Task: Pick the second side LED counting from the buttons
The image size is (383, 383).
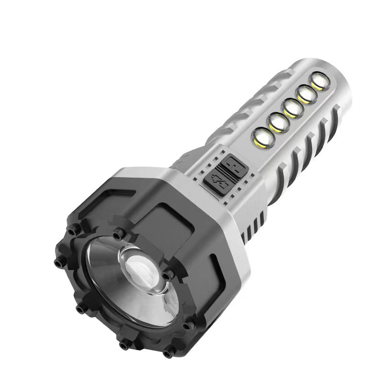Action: coord(277,122)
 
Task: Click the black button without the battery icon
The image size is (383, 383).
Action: coord(233,164)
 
